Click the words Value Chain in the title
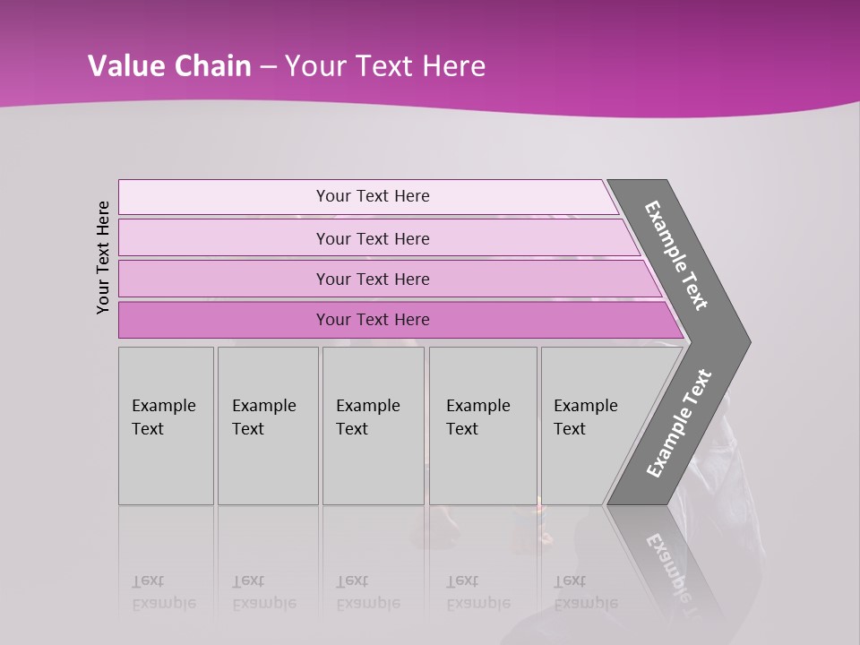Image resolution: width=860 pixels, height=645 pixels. click(169, 66)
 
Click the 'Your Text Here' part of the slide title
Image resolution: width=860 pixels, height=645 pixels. click(385, 66)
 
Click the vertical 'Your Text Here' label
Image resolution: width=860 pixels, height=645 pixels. click(103, 257)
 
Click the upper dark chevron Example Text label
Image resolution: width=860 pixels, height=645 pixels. click(676, 255)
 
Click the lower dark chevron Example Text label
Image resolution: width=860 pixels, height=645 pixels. click(679, 424)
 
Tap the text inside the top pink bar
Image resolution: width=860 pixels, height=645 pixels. click(373, 196)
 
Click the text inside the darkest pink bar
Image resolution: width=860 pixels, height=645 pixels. click(373, 320)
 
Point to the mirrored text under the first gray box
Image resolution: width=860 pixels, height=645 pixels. click(163, 593)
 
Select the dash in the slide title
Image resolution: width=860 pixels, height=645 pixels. click(268, 67)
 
